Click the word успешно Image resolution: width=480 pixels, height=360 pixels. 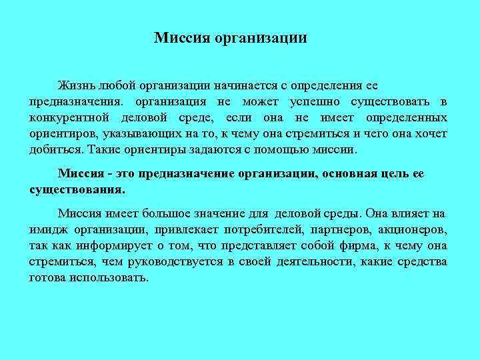(317, 103)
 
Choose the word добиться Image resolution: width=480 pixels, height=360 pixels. (53, 149)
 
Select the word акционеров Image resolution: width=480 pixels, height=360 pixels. (414, 229)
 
